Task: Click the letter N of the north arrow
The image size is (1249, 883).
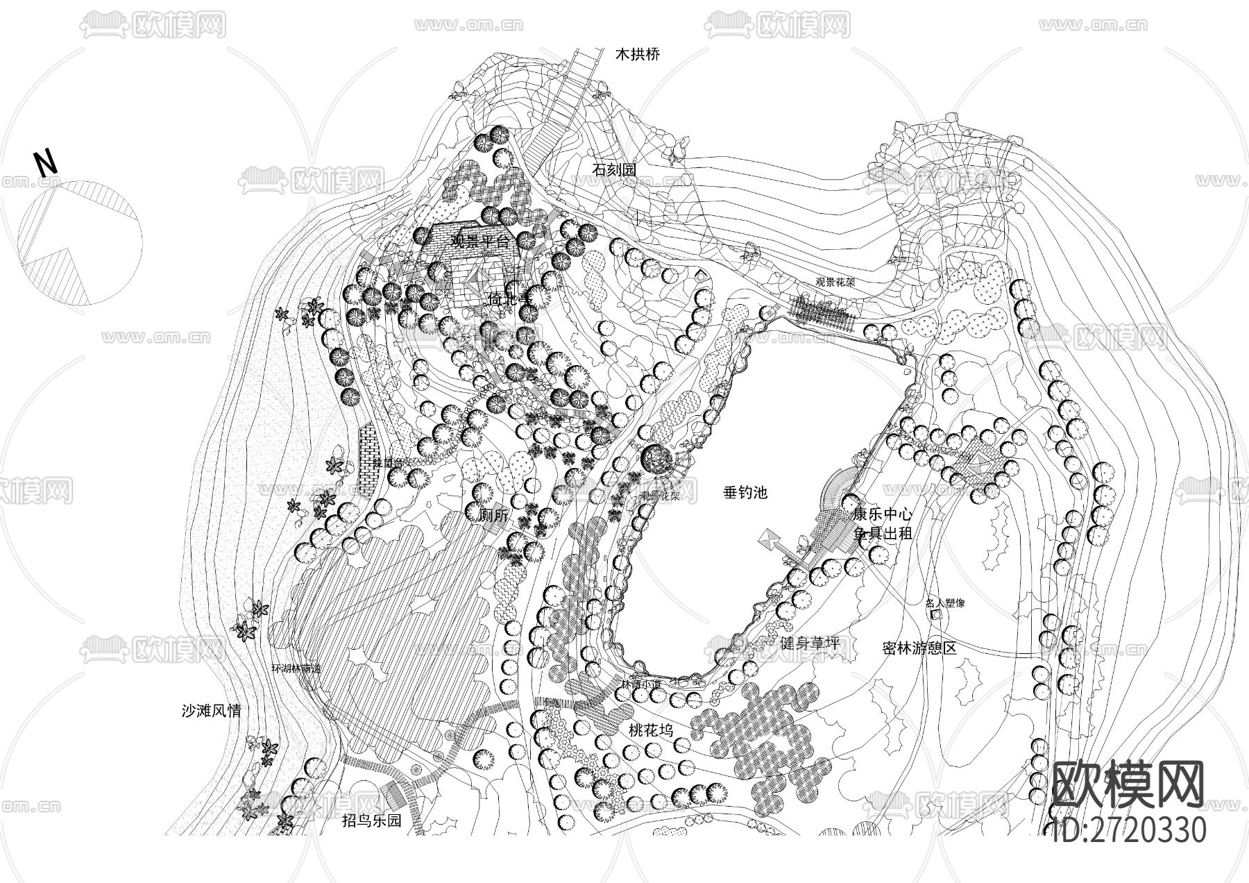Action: (x=46, y=164)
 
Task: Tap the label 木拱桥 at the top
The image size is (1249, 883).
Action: (x=638, y=55)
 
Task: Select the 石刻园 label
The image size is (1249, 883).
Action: (x=614, y=169)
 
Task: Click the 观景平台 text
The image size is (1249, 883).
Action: (x=479, y=242)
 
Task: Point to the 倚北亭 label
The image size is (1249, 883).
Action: (x=509, y=299)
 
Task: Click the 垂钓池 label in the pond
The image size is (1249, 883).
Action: (x=745, y=493)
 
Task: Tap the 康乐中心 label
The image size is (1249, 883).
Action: (x=882, y=515)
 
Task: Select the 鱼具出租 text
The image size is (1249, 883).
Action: (x=882, y=533)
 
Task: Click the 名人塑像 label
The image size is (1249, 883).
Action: (x=945, y=603)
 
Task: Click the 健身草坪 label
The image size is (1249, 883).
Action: (x=810, y=644)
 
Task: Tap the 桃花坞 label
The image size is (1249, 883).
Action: (x=651, y=730)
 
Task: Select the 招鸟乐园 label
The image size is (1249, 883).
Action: (x=372, y=821)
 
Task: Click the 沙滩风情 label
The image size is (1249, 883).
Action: (x=211, y=712)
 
